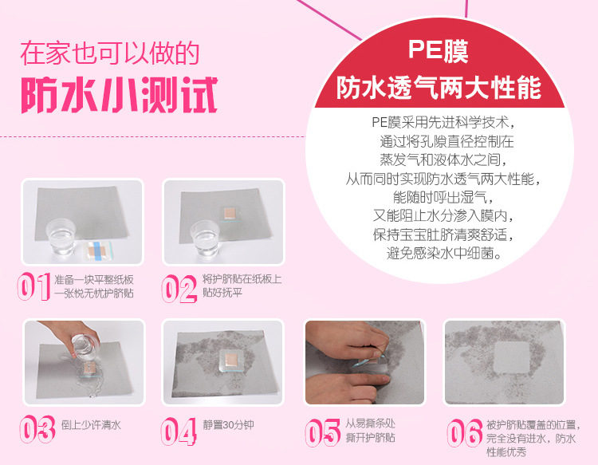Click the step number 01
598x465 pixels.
(34, 286)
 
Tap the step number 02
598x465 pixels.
(179, 289)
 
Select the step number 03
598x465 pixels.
(37, 429)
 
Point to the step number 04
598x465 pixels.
(179, 432)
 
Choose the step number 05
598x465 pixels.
(322, 432)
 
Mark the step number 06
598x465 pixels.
(465, 432)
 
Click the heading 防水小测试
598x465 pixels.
(119, 95)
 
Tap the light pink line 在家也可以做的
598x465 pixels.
(110, 53)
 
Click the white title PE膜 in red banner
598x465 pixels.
(439, 50)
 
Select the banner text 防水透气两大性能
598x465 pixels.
(439, 88)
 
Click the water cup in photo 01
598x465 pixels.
(61, 238)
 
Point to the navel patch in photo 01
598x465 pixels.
(97, 250)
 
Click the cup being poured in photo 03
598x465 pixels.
(85, 347)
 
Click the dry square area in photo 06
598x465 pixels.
(511, 357)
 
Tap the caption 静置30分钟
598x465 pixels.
(228, 425)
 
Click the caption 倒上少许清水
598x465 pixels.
(91, 425)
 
